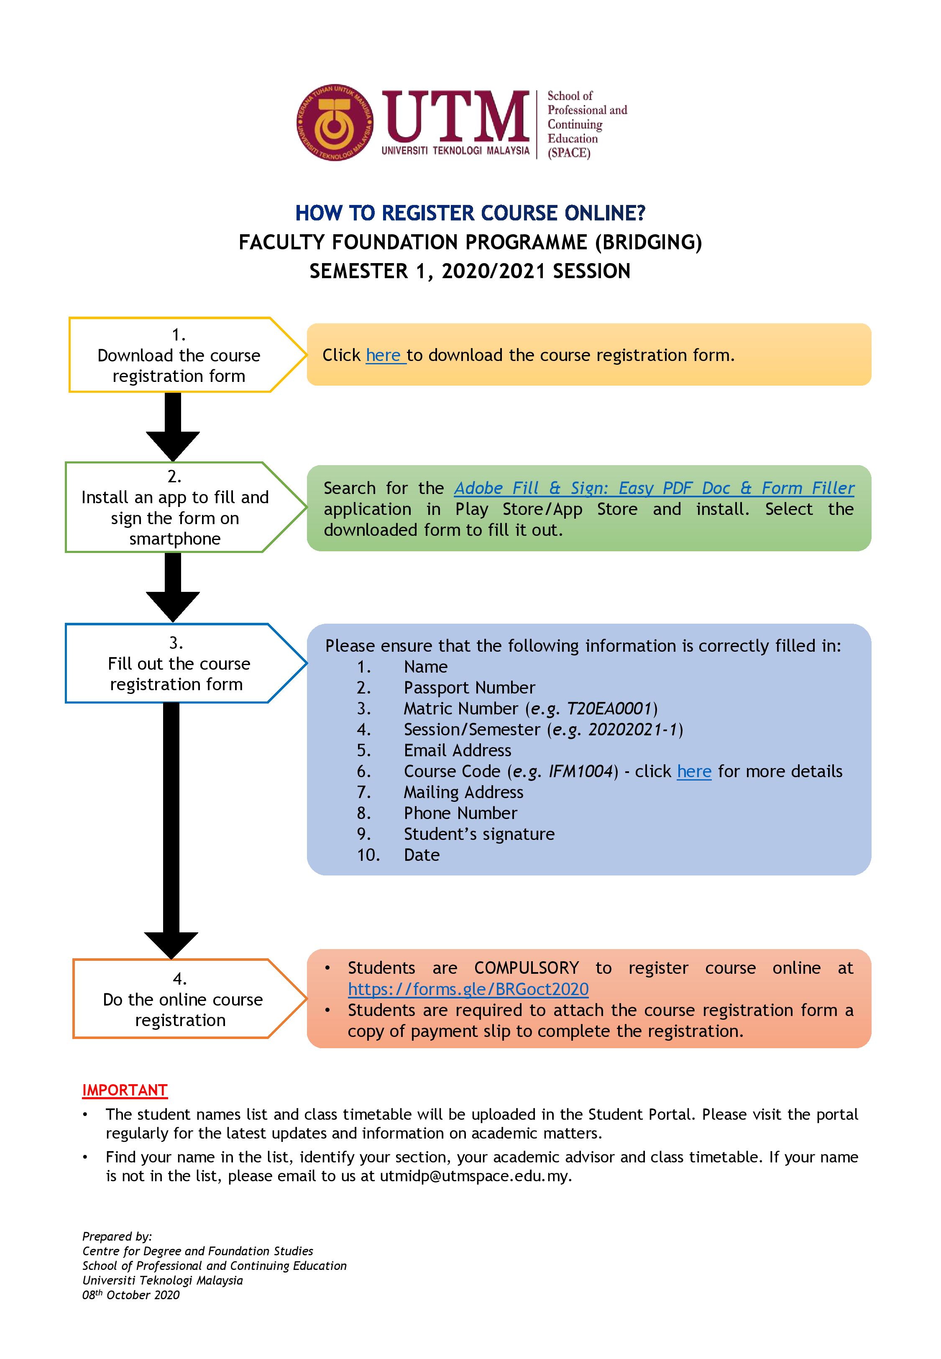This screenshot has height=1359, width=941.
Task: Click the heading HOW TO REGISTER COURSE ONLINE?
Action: pyautogui.click(x=470, y=213)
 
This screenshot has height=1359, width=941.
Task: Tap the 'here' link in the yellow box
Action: pyautogui.click(x=384, y=356)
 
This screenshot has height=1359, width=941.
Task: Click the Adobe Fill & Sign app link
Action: pyautogui.click(x=653, y=488)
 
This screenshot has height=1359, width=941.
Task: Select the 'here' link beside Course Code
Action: pyautogui.click(x=694, y=771)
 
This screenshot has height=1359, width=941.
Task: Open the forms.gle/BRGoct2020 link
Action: pyautogui.click(x=468, y=989)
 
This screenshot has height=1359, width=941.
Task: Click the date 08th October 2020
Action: pyautogui.click(x=131, y=1295)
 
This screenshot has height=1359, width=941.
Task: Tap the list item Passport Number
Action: pyautogui.click(x=469, y=688)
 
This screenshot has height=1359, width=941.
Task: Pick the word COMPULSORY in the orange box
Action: pyautogui.click(x=527, y=968)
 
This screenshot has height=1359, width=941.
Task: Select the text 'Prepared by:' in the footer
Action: pyautogui.click(x=117, y=1236)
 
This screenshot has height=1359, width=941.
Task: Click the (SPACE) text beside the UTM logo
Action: pyautogui.click(x=568, y=153)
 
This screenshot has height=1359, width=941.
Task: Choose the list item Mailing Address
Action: pyautogui.click(x=463, y=792)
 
